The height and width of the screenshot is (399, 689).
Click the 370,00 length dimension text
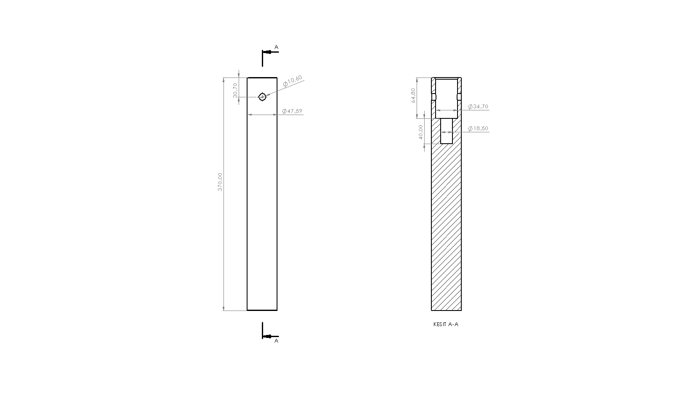(220, 182)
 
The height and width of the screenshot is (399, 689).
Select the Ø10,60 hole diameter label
(293, 81)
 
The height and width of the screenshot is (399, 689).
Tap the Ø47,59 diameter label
(292, 111)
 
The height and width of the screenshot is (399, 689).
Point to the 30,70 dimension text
(235, 90)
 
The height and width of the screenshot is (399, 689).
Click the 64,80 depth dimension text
(413, 96)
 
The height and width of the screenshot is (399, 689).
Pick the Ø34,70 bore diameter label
(478, 107)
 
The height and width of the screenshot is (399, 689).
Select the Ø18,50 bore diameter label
(478, 129)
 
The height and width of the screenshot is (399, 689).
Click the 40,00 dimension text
(420, 132)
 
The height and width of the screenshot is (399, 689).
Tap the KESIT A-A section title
(446, 324)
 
